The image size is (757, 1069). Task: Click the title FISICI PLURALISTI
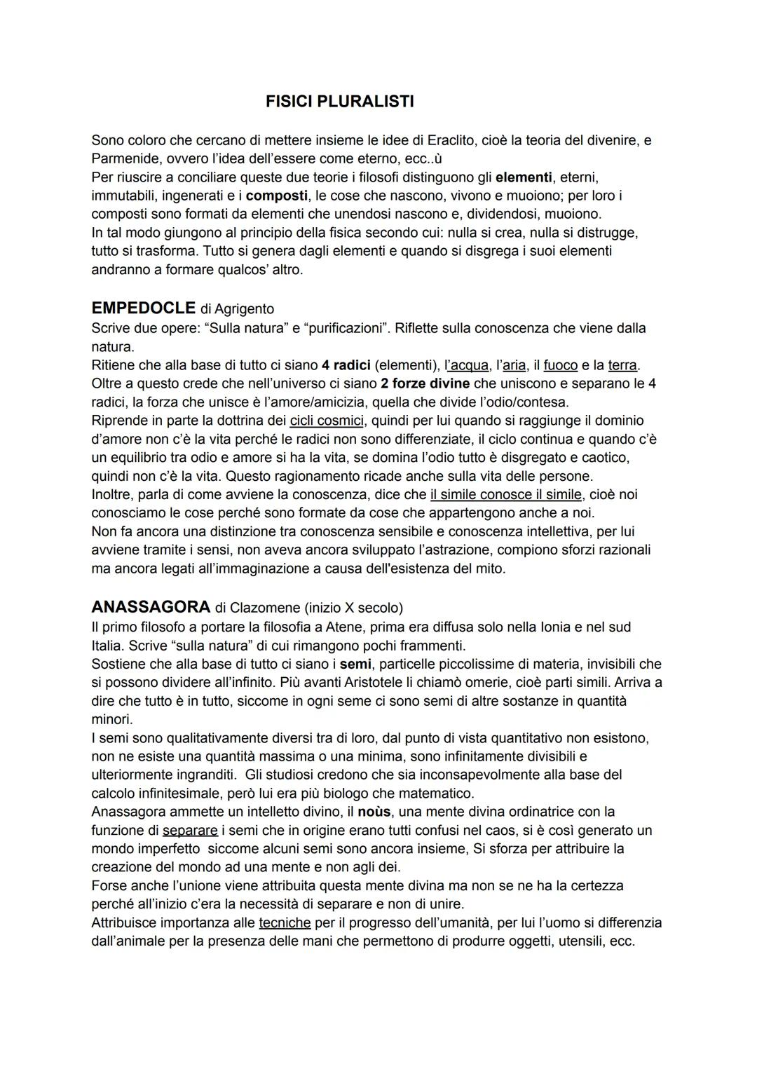coord(339,102)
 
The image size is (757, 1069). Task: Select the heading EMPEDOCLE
coord(143,308)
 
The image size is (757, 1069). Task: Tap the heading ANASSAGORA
coord(151,606)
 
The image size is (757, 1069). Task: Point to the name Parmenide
coord(123,158)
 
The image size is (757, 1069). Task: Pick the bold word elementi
coord(524,177)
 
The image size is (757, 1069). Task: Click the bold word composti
coord(277,196)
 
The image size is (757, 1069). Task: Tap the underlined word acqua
coord(469,365)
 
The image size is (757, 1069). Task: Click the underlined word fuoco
coord(560,365)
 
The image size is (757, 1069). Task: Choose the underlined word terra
coord(622,365)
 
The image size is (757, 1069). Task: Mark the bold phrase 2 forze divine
coord(425,383)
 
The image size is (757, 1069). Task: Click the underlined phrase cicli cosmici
coord(327,421)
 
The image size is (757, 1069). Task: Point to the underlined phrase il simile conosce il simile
coord(506,495)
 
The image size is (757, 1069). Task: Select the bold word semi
coord(355,664)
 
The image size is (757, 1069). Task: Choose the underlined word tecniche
coord(285,923)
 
